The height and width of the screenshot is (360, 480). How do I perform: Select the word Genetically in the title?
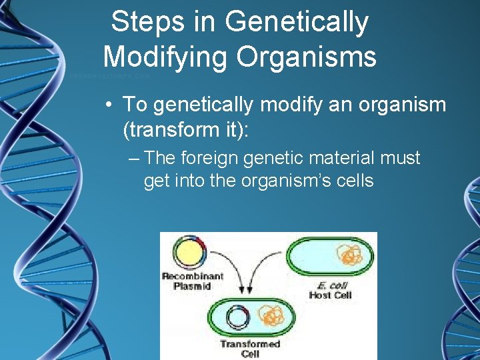point(297,22)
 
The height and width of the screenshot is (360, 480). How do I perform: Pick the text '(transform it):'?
point(185,129)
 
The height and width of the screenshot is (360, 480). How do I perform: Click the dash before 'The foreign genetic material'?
point(135,159)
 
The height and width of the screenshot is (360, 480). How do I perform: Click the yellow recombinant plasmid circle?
point(190,253)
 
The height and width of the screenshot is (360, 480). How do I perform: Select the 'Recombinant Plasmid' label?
point(192,281)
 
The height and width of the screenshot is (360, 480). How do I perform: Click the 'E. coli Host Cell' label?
point(330,291)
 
